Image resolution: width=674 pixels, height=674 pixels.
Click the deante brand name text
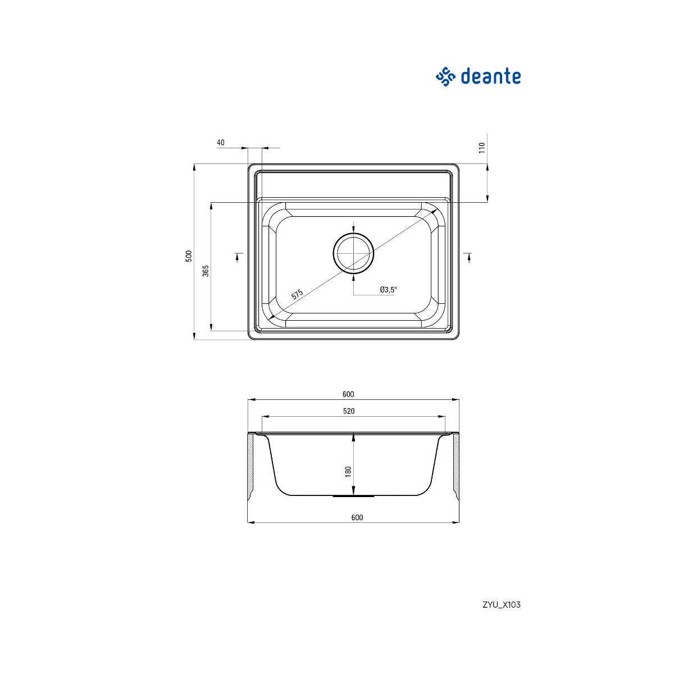point(490,76)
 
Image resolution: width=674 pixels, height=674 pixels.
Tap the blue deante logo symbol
point(445,76)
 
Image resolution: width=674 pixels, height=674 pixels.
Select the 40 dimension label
point(221,142)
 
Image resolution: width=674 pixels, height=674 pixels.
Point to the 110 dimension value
point(482,148)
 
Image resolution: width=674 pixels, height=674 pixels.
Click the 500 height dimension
point(189,256)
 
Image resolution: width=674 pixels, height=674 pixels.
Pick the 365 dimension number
point(206,271)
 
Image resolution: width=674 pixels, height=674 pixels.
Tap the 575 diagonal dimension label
point(297,294)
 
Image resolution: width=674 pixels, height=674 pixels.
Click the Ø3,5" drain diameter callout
point(389,289)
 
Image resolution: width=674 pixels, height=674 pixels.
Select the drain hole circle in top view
point(354,233)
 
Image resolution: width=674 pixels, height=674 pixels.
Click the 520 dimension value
point(349,411)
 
